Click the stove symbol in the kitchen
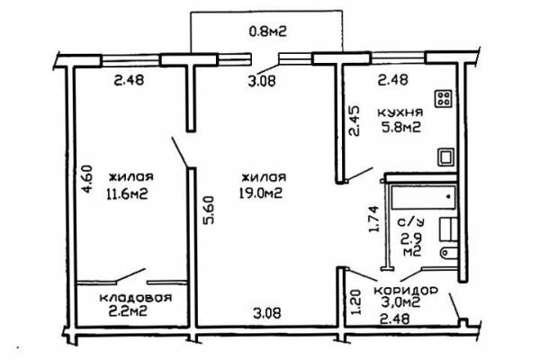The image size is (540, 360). click(443, 98)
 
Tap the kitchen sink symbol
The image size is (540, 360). click(445, 157)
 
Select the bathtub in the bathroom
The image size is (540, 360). click(423, 197)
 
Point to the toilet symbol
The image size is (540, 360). click(449, 253)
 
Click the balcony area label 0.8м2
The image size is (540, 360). click(267, 31)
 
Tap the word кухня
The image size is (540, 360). click(400, 112)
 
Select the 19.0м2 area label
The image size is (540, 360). click(261, 193)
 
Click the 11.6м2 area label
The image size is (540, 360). click(128, 194)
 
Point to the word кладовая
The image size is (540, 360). click(136, 297)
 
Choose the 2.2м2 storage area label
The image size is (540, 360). click(128, 311)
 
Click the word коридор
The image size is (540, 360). click(406, 290)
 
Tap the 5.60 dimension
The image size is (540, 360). click(208, 210)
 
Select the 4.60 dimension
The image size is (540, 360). click(86, 179)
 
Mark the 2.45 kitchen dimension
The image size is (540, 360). click(354, 121)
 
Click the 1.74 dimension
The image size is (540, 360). click(373, 219)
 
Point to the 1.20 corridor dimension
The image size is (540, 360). click(355, 301)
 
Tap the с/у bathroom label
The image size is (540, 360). click(411, 222)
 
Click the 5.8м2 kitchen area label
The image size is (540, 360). click(400, 128)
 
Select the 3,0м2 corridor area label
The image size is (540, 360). click(400, 302)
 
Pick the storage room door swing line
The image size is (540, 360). click(130, 275)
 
